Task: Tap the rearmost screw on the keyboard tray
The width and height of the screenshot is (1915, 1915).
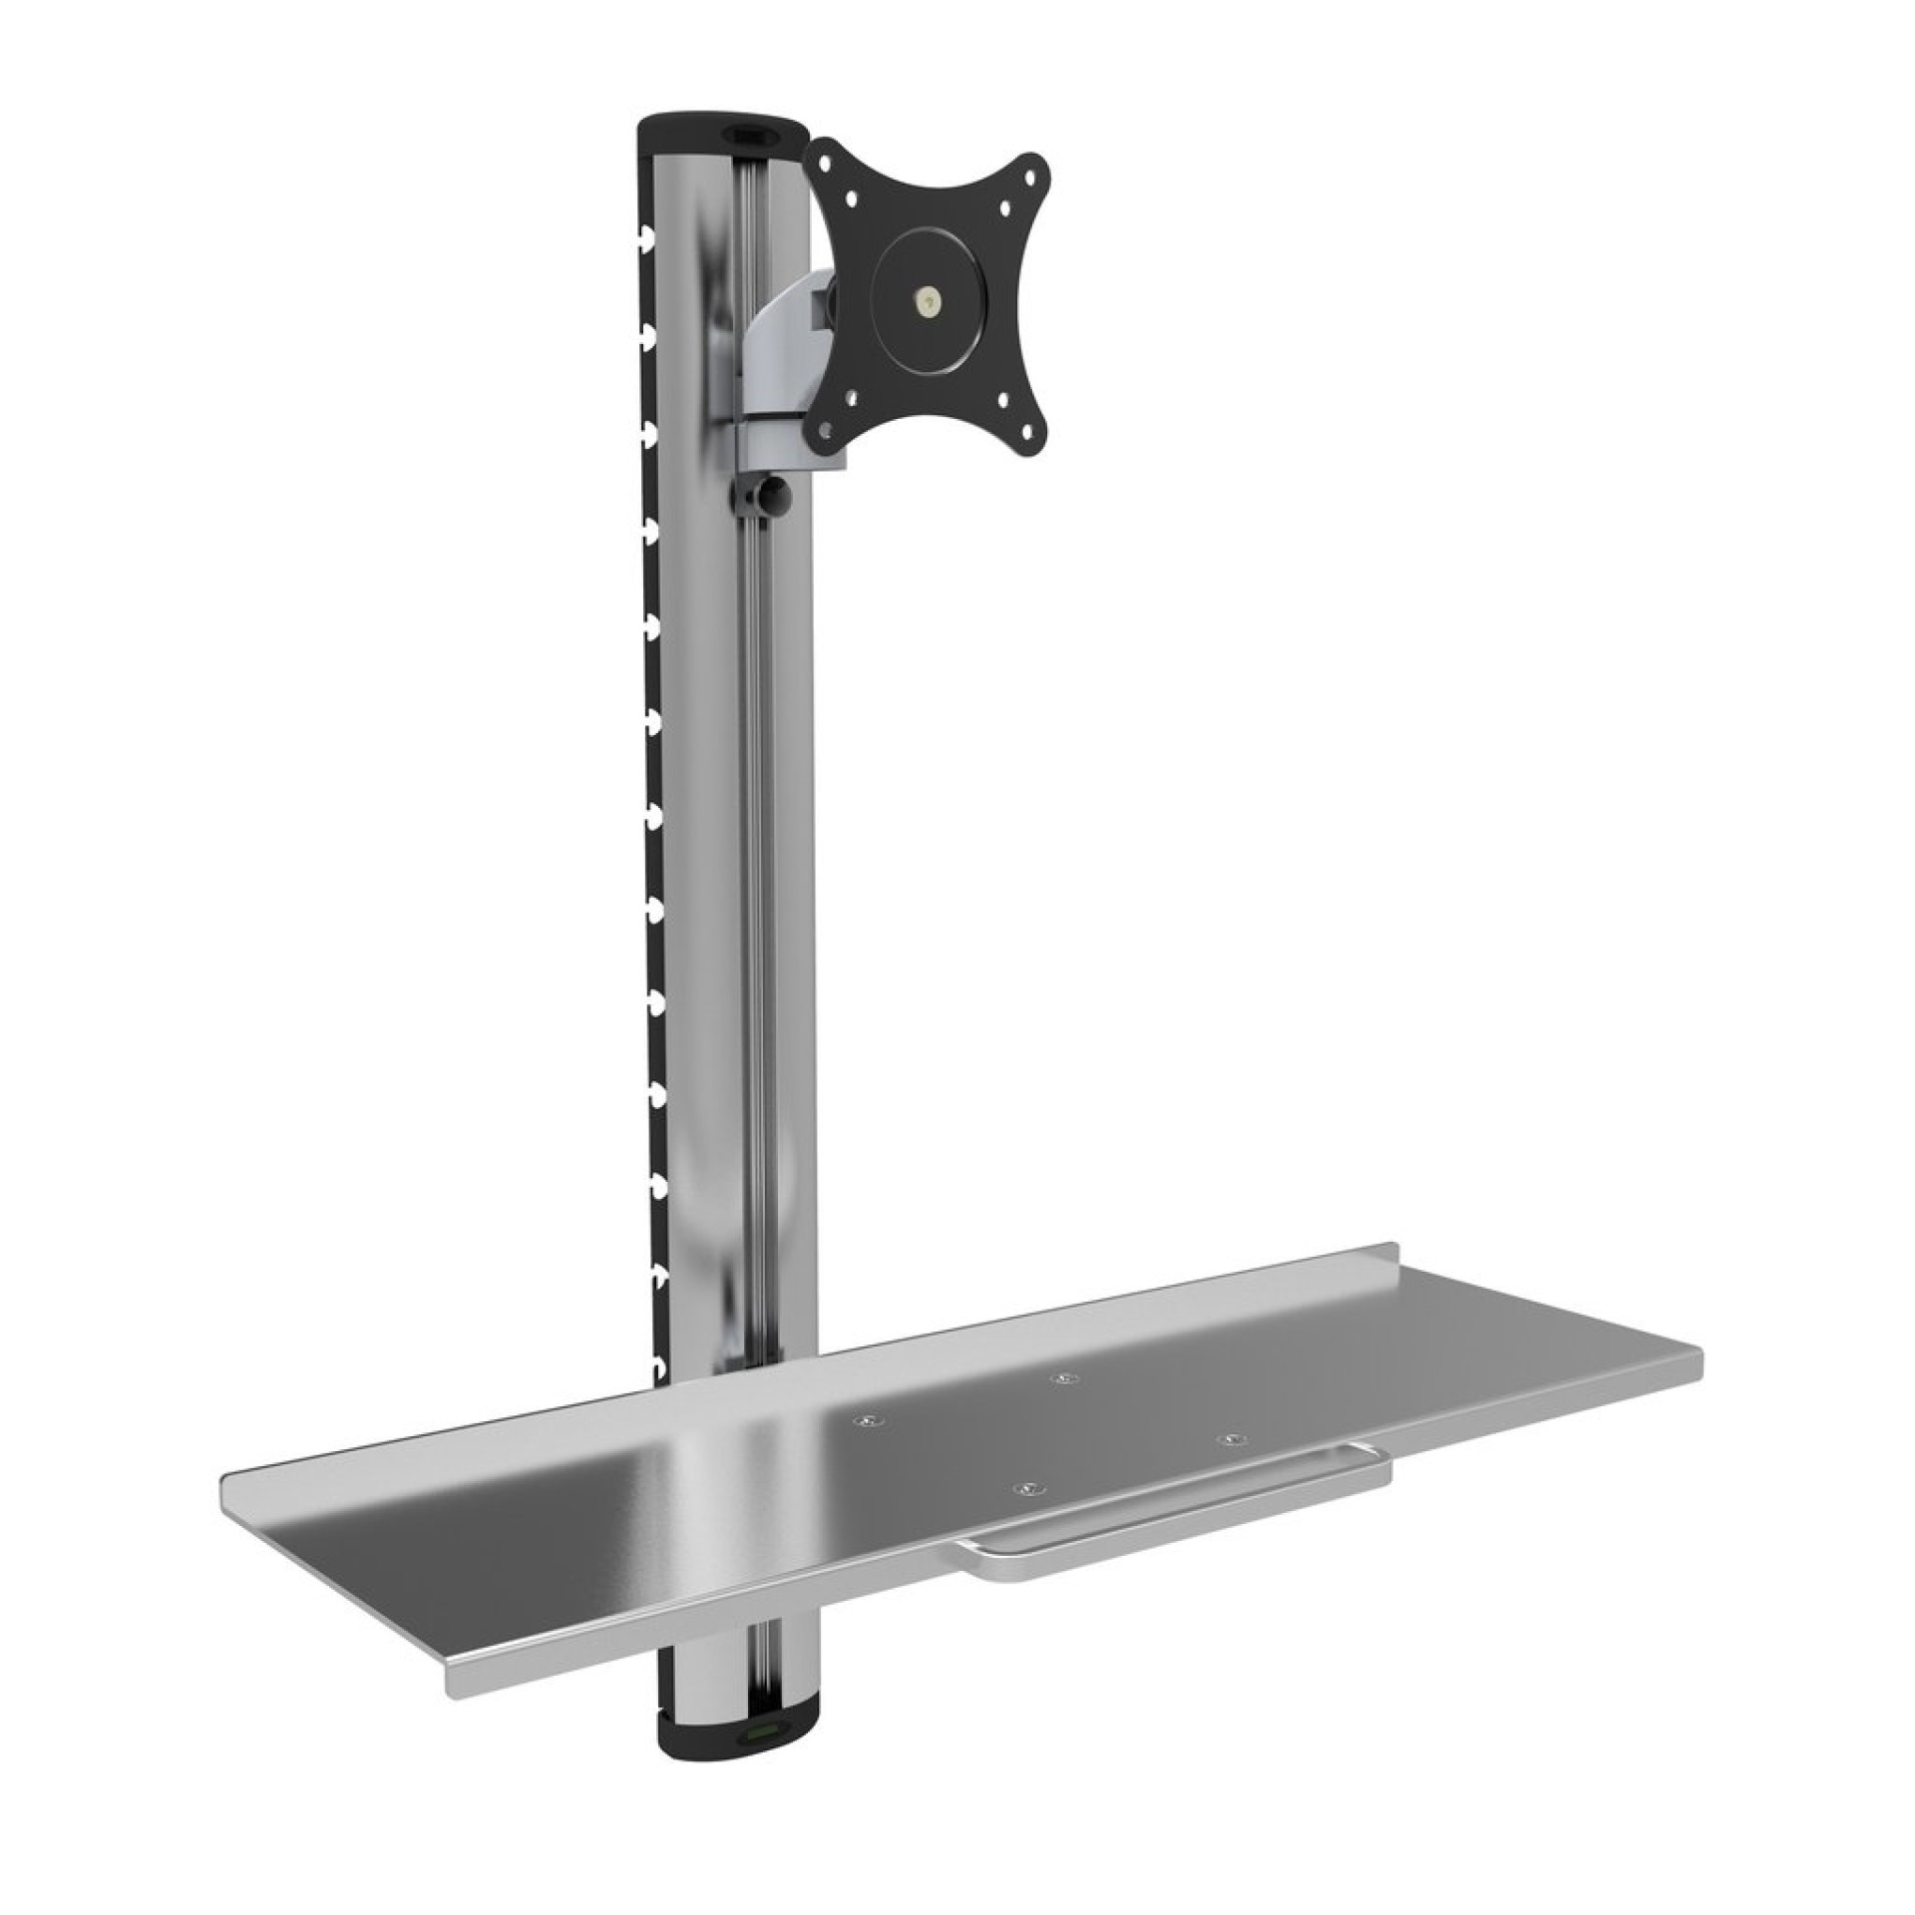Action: pyautogui.click(x=1066, y=1377)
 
